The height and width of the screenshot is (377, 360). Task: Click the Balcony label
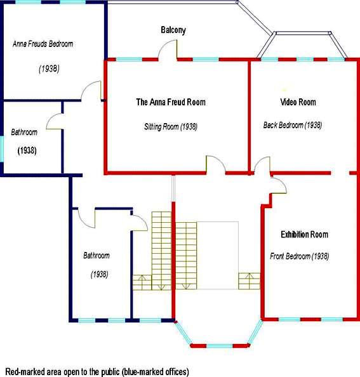point(173,30)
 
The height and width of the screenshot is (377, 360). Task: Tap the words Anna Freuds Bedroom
point(43,44)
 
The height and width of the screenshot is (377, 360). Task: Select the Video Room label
point(298,102)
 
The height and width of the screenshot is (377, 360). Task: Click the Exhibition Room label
point(305,234)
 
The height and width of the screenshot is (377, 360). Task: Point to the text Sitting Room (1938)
point(171,126)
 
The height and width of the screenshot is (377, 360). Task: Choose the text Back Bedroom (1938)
point(293,125)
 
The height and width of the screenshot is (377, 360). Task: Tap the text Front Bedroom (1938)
point(300,256)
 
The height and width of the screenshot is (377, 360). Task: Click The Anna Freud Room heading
point(171,102)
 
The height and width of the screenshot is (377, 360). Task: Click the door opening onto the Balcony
point(168,49)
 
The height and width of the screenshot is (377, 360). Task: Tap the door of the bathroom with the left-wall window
point(55,122)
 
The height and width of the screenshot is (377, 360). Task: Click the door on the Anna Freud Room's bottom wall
point(216,164)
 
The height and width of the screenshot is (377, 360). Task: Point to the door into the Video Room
point(262,164)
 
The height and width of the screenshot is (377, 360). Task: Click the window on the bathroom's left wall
point(2,149)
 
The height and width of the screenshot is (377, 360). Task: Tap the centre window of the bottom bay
point(219,346)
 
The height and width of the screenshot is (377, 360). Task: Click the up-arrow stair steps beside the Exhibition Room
point(249,281)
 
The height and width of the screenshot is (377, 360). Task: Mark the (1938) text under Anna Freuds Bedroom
point(49,69)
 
